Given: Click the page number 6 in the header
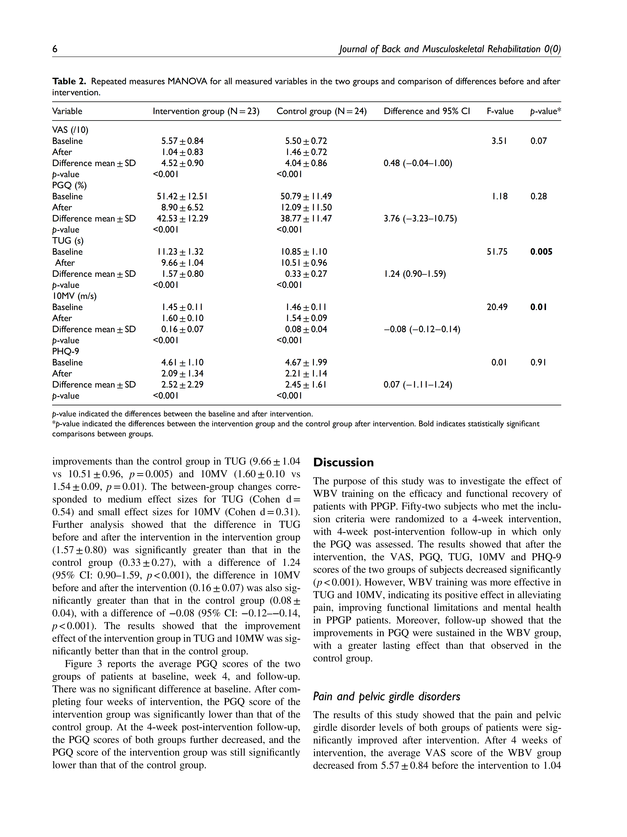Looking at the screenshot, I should point(55,49).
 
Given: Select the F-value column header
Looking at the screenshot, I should point(500,111).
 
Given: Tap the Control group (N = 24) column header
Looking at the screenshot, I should point(321,111).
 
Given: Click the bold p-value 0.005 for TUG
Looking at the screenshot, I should point(541,252).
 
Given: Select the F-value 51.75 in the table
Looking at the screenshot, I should point(497,252).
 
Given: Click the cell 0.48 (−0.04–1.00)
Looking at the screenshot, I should point(418,163).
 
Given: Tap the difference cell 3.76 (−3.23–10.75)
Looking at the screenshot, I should point(420,219).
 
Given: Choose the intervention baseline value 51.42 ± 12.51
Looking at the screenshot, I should point(182,196).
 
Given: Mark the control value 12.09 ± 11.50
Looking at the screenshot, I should point(306,207).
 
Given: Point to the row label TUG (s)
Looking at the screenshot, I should point(68,241).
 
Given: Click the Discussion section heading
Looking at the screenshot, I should point(343,462).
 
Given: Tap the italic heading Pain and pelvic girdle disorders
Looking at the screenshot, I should point(386,696).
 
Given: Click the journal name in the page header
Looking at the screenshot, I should point(450,49).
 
